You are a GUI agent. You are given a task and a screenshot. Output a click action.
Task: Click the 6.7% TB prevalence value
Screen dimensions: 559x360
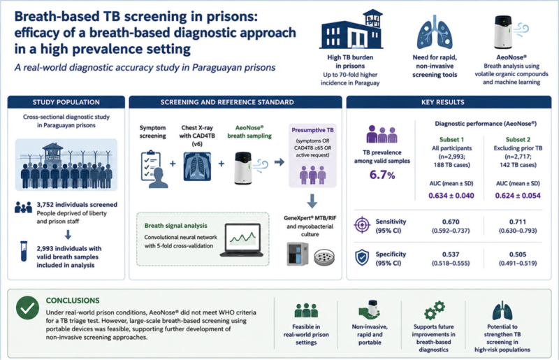[x=382, y=175]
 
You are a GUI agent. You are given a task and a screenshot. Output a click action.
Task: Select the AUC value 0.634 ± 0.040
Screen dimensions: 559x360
[x=451, y=196]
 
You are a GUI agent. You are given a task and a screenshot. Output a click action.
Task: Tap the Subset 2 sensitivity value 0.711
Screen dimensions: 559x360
[x=518, y=222]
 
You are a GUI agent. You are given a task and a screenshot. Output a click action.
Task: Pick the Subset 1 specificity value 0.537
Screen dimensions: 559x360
[x=451, y=254]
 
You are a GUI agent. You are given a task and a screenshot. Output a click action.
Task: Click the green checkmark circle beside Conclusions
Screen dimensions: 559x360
[x=27, y=308]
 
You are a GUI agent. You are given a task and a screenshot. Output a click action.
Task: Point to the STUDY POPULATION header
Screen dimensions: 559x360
[x=66, y=102]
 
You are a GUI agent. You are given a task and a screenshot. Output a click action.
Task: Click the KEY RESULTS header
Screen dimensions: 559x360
[x=443, y=102]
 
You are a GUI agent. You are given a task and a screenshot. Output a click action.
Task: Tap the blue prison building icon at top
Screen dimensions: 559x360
[x=351, y=29]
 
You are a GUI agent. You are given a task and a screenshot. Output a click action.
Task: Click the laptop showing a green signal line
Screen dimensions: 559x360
[x=242, y=240]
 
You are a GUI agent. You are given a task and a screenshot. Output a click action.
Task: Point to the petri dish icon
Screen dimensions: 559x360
[x=324, y=257]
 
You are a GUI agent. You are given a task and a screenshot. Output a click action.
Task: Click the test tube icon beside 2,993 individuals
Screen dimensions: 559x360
[x=24, y=252]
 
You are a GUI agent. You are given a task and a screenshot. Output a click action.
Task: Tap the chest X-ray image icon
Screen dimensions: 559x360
[x=197, y=166]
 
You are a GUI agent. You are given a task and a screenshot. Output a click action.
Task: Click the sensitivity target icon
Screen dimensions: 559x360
[x=362, y=225]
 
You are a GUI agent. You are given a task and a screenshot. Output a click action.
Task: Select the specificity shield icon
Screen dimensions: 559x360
[x=362, y=257]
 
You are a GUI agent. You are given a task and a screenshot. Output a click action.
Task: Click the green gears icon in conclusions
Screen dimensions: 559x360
[x=435, y=310]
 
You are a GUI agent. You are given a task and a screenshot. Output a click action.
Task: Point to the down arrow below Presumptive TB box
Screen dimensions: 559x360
[x=312, y=201]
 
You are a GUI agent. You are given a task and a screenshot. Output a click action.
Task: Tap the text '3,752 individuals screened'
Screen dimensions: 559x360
[x=77, y=205]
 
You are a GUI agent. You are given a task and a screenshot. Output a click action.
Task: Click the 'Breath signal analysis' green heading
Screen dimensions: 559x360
[x=176, y=226]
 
